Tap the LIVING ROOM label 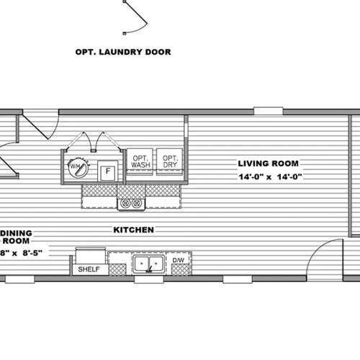point(269,163)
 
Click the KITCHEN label point(133,230)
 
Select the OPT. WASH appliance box point(139,161)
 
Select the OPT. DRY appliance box point(170,161)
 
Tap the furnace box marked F point(107,171)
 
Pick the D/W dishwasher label point(179,260)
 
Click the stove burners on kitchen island point(131,204)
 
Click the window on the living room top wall point(268,111)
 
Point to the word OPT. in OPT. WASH point(139,157)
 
